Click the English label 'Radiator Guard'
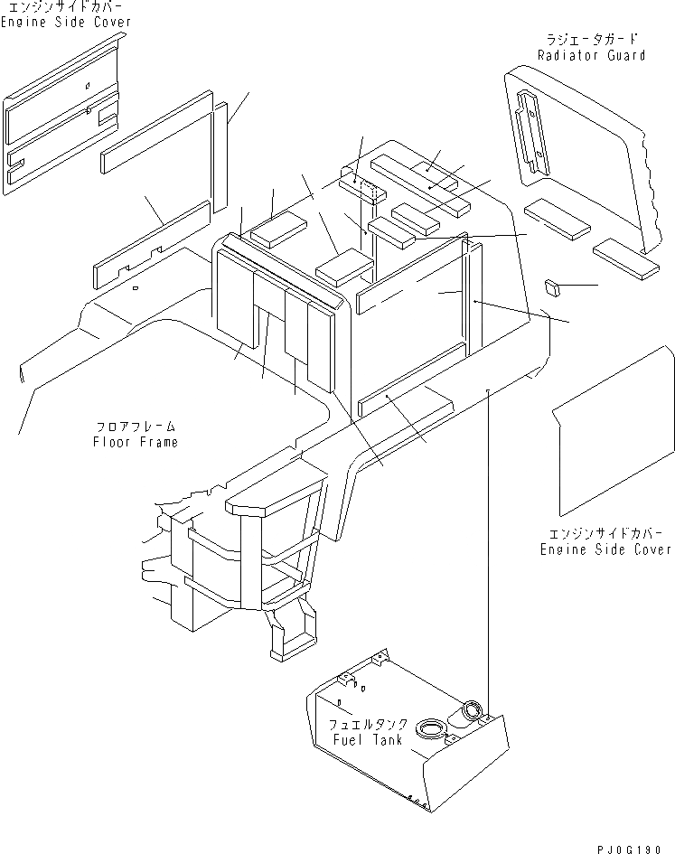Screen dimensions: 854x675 591,55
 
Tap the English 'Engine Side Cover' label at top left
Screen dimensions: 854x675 65,22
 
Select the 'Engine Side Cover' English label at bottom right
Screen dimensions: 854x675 605,549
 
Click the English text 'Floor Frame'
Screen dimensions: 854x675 135,442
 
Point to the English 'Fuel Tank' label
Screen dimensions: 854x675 359,739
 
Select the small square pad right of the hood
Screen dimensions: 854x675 553,287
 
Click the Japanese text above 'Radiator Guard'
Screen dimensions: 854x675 591,40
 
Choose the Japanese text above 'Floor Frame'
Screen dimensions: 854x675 135,427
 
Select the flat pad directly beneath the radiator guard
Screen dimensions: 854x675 556,216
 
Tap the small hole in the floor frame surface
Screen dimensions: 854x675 134,289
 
